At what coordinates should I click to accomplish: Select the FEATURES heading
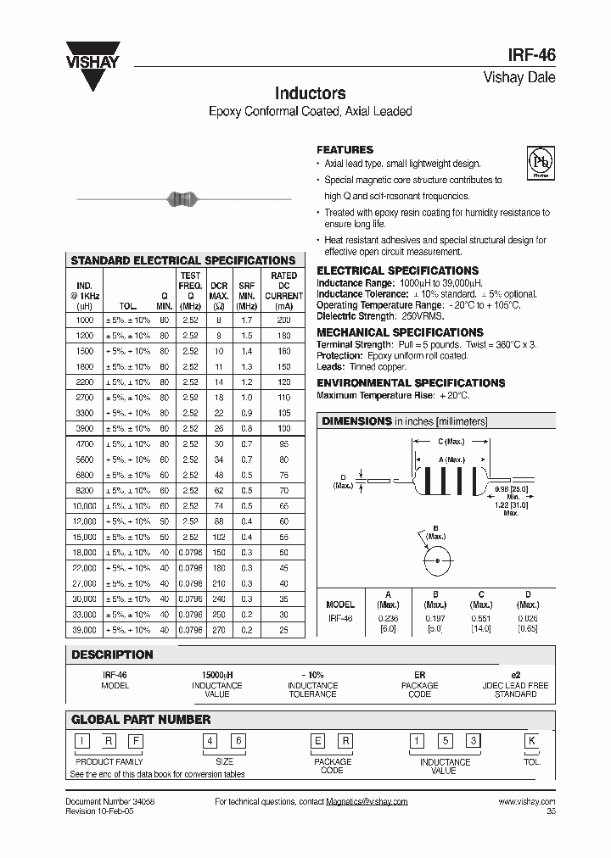pos(345,150)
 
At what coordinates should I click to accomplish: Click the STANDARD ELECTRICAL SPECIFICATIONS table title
pos(182,260)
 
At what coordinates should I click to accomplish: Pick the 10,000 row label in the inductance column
pos(86,505)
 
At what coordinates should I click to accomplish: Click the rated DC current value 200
pos(283,320)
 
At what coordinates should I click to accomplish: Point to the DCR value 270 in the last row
pos(219,630)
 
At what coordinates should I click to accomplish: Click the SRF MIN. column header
pos(246,290)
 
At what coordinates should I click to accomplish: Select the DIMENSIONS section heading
pos(356,421)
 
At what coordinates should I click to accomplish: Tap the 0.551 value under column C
pos(481,619)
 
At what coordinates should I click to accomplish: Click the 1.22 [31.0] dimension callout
pos(510,504)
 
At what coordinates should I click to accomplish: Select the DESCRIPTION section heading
pos(112,655)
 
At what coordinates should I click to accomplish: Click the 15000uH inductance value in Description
pos(217,675)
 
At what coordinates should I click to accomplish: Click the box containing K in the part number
pos(532,740)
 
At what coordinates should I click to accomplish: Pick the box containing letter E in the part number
pos(318,740)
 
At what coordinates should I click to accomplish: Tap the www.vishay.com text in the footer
pos(526,801)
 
